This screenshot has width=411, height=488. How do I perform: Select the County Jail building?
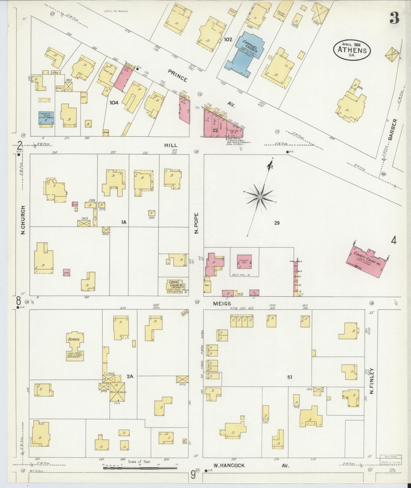coord(244,261)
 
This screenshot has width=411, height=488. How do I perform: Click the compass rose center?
coord(260,197)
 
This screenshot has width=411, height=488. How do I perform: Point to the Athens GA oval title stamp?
coord(352,50)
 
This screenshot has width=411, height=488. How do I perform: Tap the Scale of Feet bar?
coord(140,468)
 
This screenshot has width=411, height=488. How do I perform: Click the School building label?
coord(74,339)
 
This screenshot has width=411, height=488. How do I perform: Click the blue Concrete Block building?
coord(46,118)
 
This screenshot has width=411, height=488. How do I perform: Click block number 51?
coord(289,377)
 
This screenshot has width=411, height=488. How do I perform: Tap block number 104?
coord(114,103)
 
